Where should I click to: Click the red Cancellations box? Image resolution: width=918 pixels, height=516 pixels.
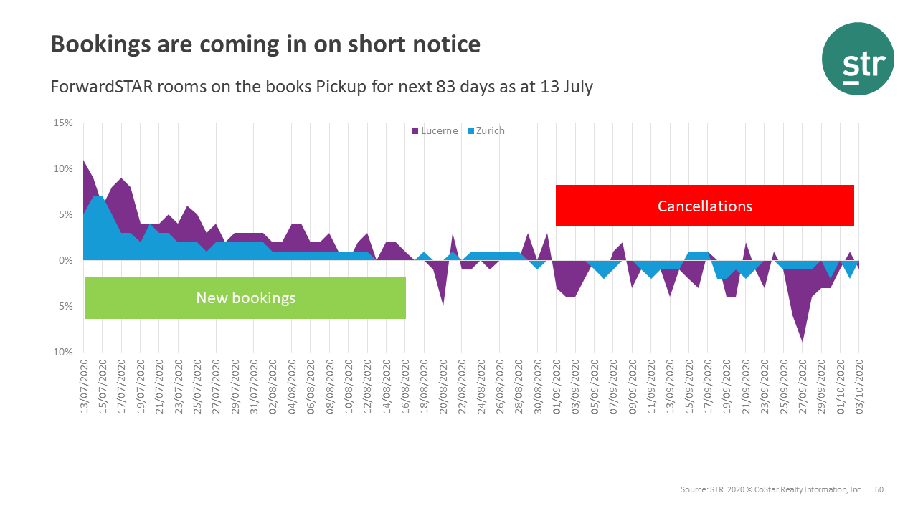point(704,206)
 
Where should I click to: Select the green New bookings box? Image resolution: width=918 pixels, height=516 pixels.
point(245,298)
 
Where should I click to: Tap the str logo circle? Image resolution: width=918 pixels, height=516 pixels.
point(858,59)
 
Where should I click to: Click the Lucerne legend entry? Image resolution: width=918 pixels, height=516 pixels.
point(435,131)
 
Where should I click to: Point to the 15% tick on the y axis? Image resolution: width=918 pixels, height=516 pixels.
point(63,123)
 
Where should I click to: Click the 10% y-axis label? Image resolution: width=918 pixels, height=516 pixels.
point(63,169)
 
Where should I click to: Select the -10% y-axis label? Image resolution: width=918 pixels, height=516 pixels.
point(61,352)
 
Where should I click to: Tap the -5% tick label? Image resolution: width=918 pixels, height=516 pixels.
point(63,306)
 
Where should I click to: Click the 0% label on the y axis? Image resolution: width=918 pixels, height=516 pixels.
point(65,261)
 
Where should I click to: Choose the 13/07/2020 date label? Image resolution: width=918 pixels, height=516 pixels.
point(84,387)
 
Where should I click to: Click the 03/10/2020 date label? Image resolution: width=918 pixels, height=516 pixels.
point(858,387)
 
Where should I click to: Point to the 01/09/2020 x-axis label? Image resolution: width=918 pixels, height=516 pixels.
point(557,387)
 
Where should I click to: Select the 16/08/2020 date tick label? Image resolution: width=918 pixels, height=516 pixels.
point(405,387)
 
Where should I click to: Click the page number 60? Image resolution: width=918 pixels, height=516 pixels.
point(879,489)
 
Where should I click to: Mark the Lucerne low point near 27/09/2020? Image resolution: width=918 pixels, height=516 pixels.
point(802,341)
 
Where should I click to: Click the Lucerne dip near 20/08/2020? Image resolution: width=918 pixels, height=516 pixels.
point(443,304)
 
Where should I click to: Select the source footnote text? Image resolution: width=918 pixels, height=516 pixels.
point(771,489)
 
